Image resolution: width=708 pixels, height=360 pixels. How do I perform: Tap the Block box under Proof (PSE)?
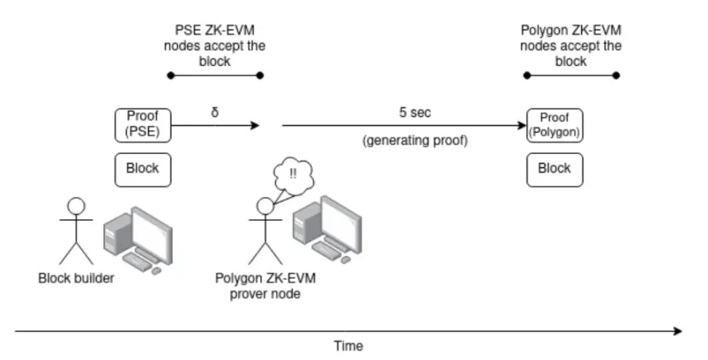pyautogui.click(x=143, y=168)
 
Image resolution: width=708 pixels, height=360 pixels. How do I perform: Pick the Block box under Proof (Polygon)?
pyautogui.click(x=554, y=168)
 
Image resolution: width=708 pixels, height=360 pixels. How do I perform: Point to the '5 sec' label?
pyautogui.click(x=415, y=112)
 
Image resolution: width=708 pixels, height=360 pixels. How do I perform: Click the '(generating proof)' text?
pyautogui.click(x=415, y=141)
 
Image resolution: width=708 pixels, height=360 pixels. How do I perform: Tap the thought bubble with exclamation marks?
pyautogui.click(x=292, y=175)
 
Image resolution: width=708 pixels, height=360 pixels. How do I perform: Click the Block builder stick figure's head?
pyautogui.click(x=76, y=207)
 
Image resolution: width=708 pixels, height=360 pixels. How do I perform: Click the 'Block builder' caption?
pyautogui.click(x=76, y=278)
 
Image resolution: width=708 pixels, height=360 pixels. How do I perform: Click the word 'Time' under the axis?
pyautogui.click(x=348, y=346)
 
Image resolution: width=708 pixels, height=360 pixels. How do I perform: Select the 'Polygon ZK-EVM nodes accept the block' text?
pyautogui.click(x=571, y=46)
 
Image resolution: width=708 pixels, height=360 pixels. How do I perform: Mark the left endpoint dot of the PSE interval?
pyautogui.click(x=171, y=75)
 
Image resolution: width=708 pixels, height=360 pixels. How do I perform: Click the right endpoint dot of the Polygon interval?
pyautogui.click(x=616, y=75)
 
